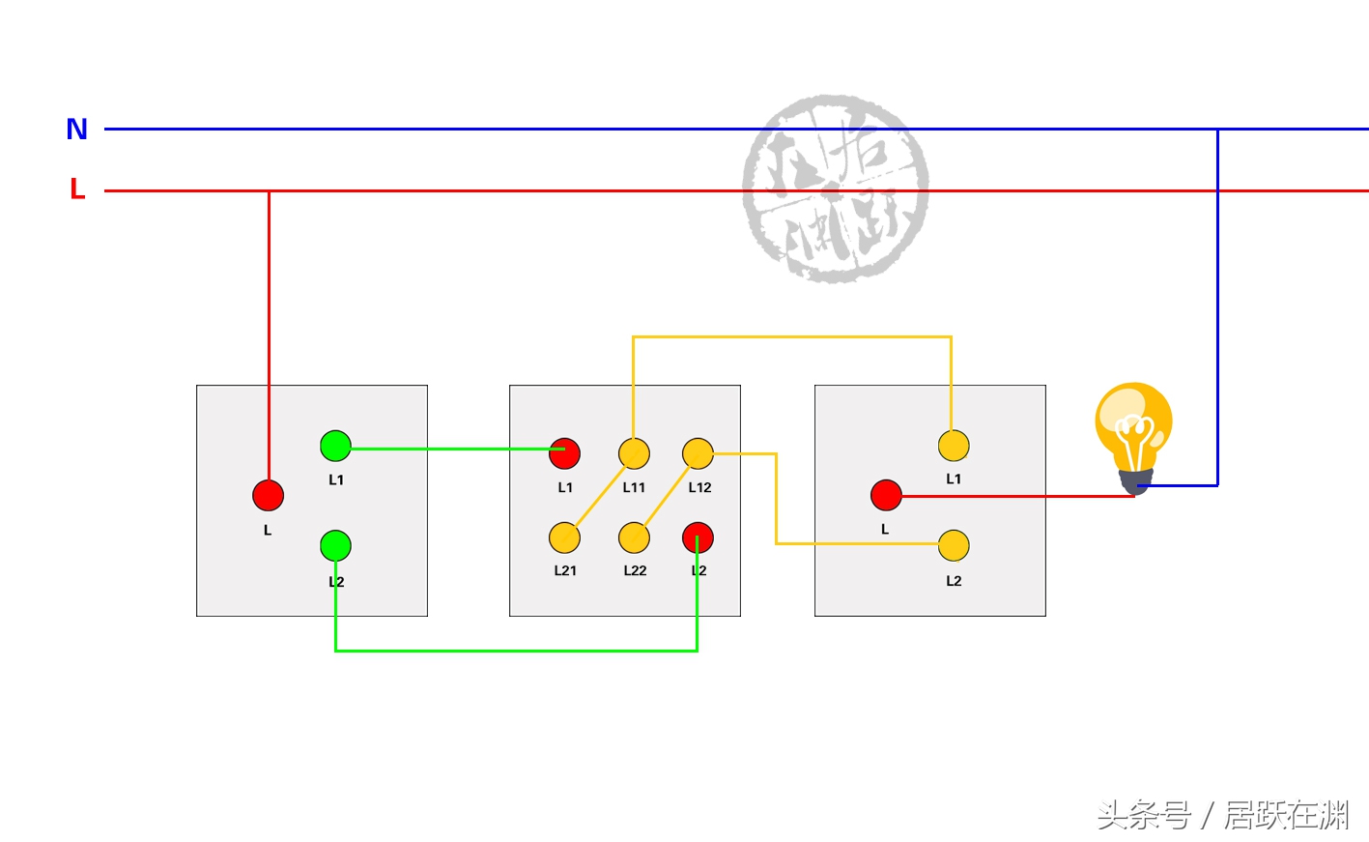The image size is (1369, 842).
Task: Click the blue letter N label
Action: pos(77,129)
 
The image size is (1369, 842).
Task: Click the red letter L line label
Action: pos(77,189)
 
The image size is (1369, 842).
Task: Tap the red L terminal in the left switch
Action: pos(268,495)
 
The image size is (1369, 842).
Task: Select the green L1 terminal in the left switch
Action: pos(335,446)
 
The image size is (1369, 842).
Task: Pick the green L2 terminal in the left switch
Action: pos(335,545)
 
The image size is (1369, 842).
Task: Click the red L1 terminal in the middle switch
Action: pos(564,452)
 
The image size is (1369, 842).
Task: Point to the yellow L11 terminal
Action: pos(634,452)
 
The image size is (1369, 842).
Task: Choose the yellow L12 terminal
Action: pos(698,452)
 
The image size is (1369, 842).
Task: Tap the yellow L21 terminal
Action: pos(564,537)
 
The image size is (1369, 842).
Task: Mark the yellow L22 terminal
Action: pos(634,537)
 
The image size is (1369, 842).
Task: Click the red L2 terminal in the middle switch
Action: pos(698,537)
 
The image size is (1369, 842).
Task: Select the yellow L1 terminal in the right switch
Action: pos(954,446)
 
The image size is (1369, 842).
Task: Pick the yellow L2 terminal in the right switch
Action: pos(954,545)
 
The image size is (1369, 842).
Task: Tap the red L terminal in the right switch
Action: pos(886,495)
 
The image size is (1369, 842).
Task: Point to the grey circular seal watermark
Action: pos(836,189)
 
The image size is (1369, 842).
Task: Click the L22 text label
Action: pos(635,570)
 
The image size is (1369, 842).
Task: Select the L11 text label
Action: pos(634,487)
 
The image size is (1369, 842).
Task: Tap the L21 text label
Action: pos(565,570)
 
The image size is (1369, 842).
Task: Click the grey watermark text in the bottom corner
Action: pos(1223,815)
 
